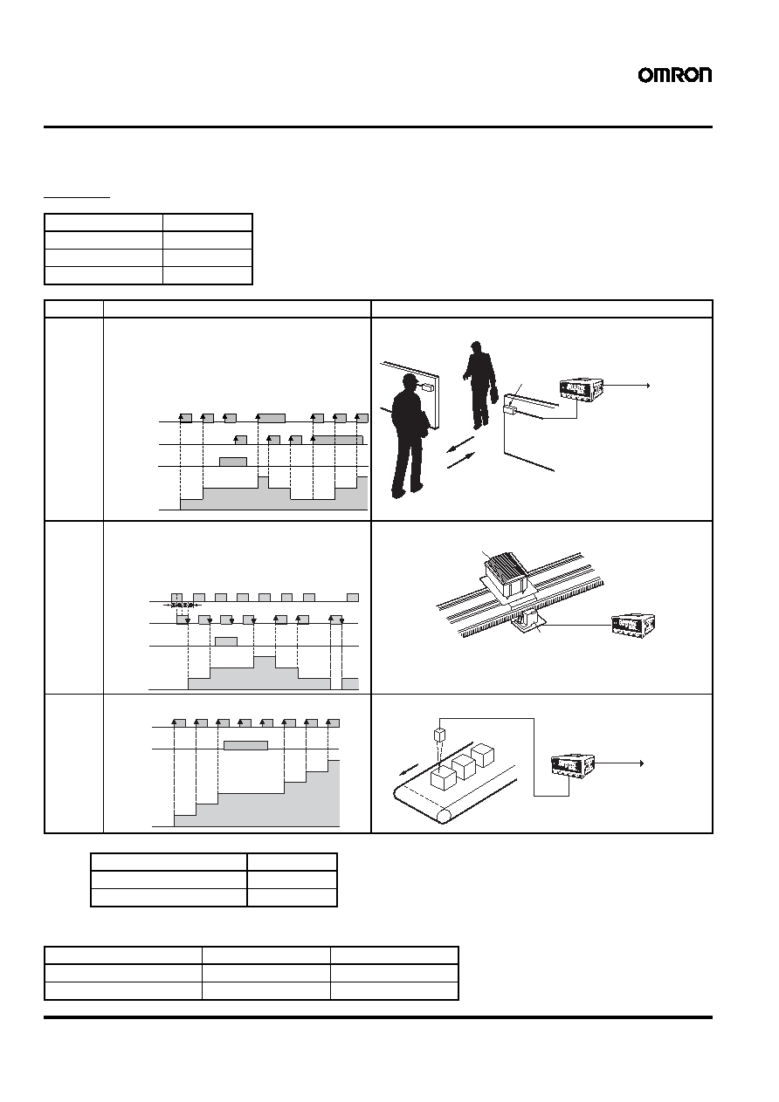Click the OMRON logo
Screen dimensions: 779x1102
(x=674, y=75)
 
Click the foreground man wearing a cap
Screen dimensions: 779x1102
(x=410, y=435)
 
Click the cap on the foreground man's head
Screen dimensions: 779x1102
(x=411, y=379)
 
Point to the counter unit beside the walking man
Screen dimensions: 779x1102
(x=582, y=387)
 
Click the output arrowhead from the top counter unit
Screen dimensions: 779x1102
(x=649, y=386)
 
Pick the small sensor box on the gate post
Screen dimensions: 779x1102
(x=509, y=409)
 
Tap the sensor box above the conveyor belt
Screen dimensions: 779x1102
(x=440, y=736)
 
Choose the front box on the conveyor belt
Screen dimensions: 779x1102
(x=442, y=777)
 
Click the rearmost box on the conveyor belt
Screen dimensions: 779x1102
(x=483, y=756)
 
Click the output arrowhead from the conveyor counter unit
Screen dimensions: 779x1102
(x=641, y=763)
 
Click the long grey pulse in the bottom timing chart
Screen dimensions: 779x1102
(x=245, y=745)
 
